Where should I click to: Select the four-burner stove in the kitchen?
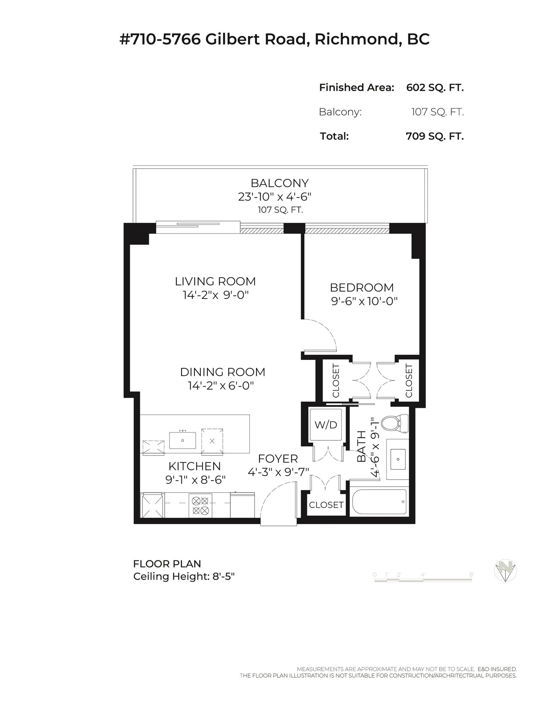[200, 506]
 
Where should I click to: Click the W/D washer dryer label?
[326, 425]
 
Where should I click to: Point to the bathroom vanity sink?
[398, 459]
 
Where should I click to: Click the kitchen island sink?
[183, 440]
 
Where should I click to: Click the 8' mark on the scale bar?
[471, 575]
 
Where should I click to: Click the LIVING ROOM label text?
[215, 282]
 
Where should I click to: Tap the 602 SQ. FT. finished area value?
[435, 88]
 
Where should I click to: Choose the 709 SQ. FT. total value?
[435, 136]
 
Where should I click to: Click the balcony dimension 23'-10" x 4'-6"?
[275, 197]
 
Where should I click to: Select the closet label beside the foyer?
[326, 505]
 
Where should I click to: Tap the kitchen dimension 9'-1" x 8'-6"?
[196, 480]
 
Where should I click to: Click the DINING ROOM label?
[223, 372]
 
